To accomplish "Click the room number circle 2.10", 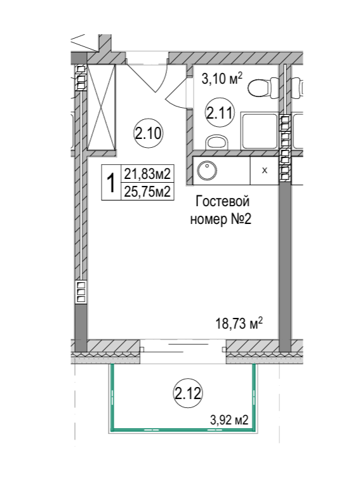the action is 148,134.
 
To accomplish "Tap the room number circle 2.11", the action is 220,112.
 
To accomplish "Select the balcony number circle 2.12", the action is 187,393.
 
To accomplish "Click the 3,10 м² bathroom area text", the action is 222,79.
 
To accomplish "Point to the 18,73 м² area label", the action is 239,323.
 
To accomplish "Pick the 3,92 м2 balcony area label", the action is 229,420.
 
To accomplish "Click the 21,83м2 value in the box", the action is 147,174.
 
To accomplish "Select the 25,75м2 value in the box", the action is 147,191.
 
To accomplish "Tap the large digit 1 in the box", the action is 110,184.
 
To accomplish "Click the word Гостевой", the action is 222,201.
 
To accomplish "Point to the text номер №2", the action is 221,219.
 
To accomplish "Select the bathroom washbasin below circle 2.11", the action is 217,142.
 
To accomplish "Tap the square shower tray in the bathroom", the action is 260,132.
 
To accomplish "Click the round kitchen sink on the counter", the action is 207,171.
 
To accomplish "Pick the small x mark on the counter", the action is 265,171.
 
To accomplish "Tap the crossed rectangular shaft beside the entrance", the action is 101,107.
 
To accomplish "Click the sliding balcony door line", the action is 189,345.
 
